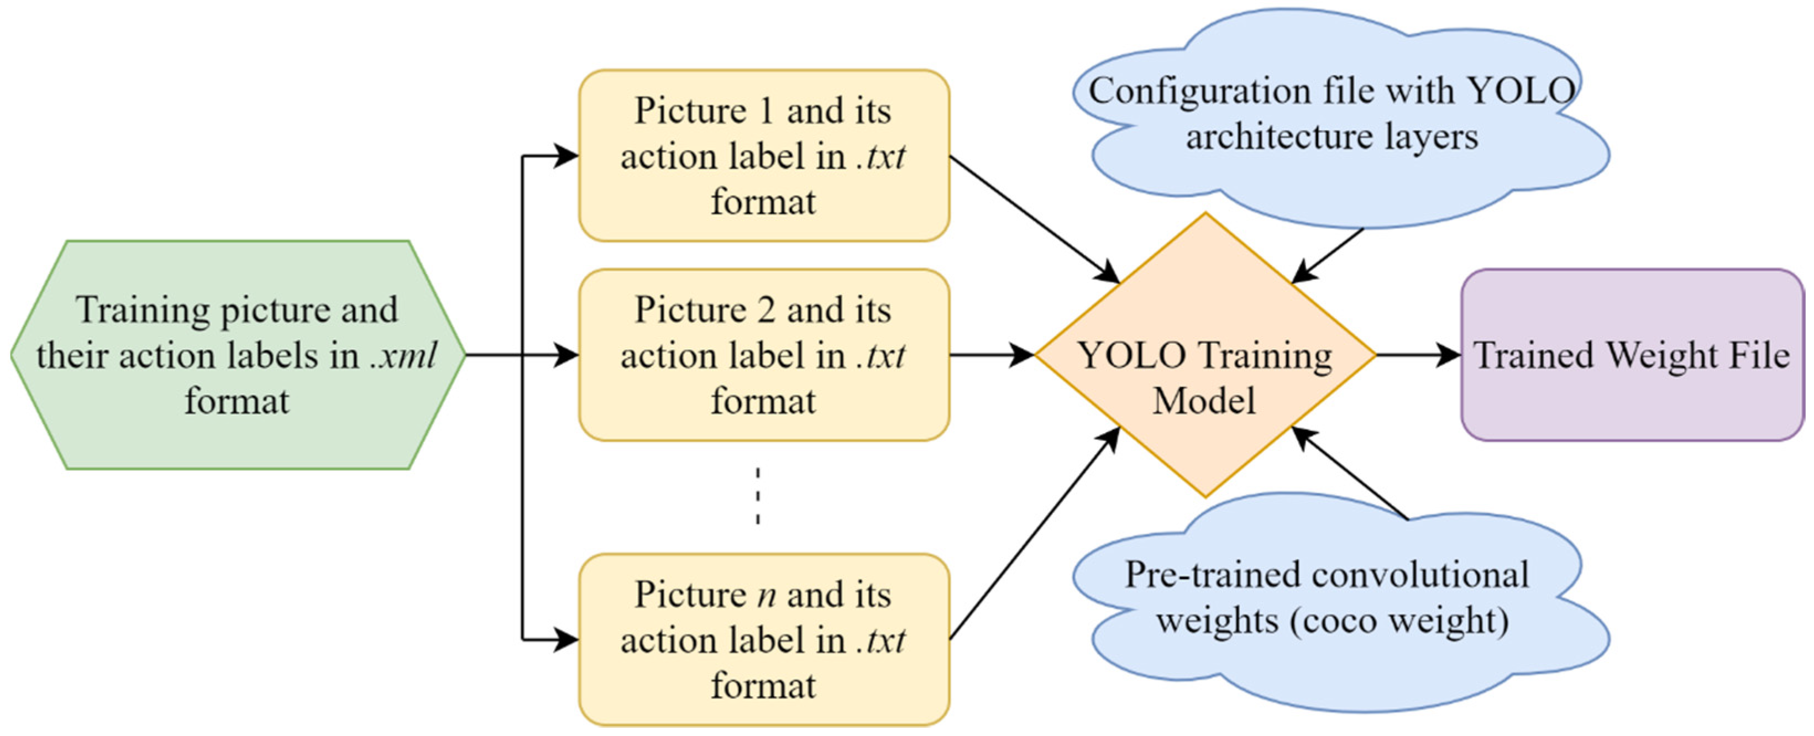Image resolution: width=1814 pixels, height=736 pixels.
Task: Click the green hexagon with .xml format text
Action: click(238, 355)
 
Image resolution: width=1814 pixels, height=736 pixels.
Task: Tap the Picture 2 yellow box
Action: click(763, 355)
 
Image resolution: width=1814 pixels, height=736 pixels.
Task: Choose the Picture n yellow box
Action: click(763, 639)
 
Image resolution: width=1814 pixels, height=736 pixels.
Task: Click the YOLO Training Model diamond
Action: click(1205, 355)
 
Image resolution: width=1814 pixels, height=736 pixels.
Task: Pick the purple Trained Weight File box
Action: click(1632, 355)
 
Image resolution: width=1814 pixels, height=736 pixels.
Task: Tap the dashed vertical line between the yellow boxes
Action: click(758, 496)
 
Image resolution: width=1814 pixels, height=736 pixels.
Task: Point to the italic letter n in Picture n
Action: click(767, 596)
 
